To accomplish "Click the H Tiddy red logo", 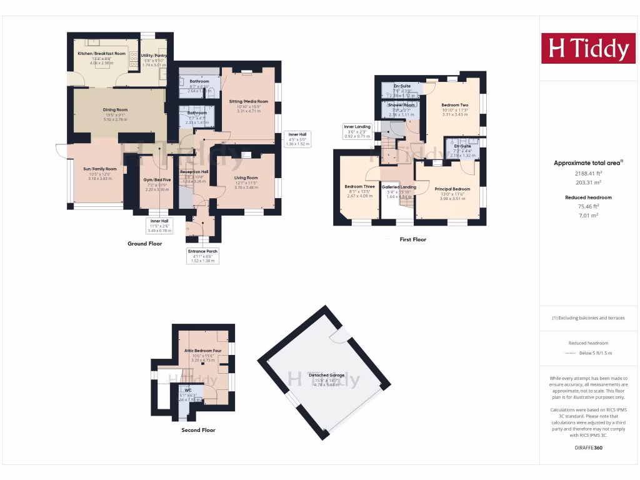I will [x=587, y=48].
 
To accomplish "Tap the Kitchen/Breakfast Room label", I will [x=101, y=54].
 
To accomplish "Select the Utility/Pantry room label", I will [x=154, y=56].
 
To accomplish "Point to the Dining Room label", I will [x=115, y=110].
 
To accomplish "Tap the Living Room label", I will [x=246, y=177].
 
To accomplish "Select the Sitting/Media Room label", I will [x=248, y=101].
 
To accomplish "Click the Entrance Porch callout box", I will [x=202, y=255].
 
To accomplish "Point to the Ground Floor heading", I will [x=146, y=244].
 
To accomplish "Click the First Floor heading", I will [x=412, y=239].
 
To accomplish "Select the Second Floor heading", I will [x=198, y=430].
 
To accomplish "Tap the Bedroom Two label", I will [x=454, y=105].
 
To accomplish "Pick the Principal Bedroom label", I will [x=452, y=189].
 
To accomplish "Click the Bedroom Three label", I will [x=359, y=187].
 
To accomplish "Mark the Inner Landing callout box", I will [x=357, y=131].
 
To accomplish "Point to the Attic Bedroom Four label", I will [x=202, y=351].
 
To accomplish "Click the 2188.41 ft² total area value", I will [x=587, y=173].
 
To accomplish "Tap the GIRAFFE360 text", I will [x=587, y=448].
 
